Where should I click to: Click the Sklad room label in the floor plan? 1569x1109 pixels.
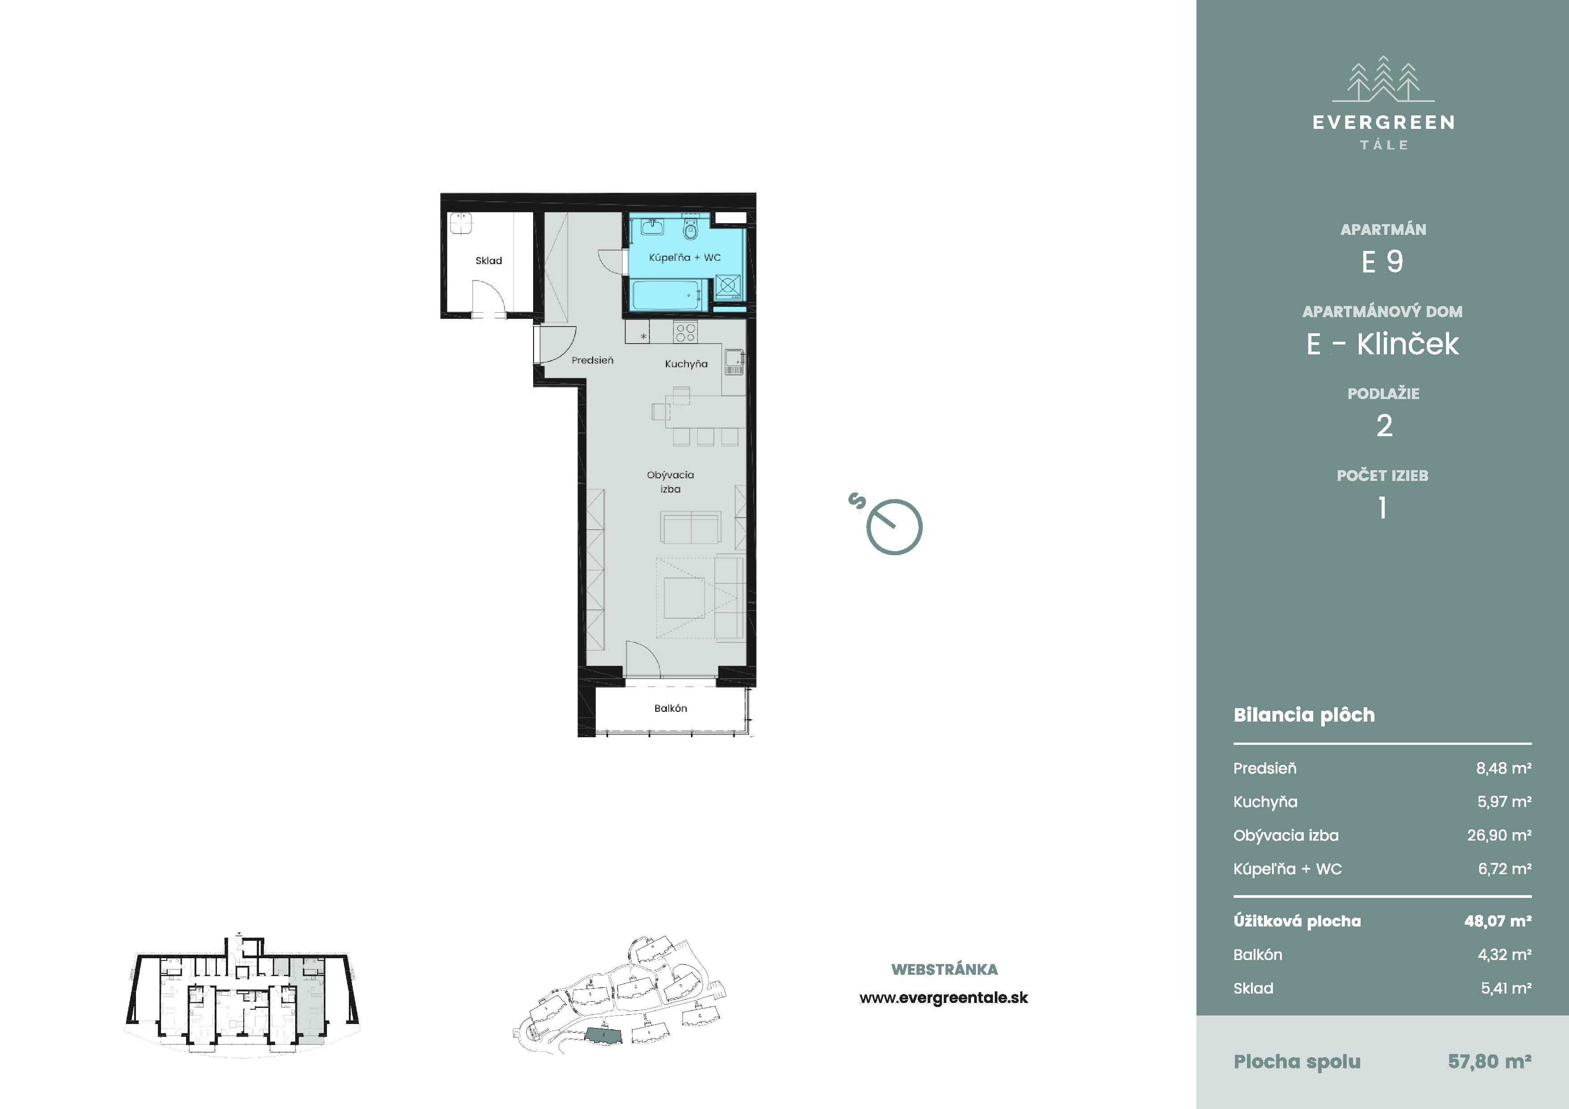[x=488, y=260]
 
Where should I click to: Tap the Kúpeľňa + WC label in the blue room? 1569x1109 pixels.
[x=685, y=258]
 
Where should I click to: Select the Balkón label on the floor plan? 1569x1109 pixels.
[x=670, y=708]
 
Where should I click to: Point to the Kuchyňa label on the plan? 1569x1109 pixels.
[x=686, y=364]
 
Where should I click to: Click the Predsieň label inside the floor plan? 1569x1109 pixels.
[x=593, y=360]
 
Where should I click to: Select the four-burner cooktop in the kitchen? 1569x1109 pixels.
[x=685, y=333]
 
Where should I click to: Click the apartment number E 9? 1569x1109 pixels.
[x=1382, y=262]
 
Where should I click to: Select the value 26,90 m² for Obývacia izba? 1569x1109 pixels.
[x=1499, y=835]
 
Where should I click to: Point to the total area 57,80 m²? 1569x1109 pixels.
[x=1489, y=1061]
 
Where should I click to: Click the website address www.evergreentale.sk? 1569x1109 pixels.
[x=944, y=998]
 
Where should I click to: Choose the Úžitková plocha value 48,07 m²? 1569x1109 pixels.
[x=1497, y=921]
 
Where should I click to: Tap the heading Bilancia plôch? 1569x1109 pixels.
[x=1304, y=715]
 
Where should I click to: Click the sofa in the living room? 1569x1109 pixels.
[x=690, y=527]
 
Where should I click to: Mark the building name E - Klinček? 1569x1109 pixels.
[x=1382, y=344]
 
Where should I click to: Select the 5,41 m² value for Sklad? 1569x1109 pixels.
[x=1505, y=988]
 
